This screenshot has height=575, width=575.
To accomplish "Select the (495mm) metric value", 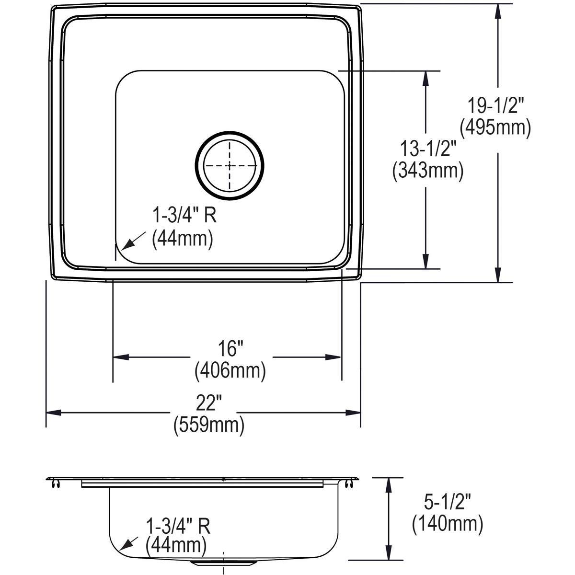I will [495, 128].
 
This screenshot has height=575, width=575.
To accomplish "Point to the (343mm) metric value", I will [428, 171].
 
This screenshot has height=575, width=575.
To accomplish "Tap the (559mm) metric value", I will [209, 425].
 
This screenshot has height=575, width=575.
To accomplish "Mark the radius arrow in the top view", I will [128, 242].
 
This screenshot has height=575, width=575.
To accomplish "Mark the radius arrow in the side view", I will [127, 542].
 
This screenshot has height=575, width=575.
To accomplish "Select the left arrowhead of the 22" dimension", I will [53, 413].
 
